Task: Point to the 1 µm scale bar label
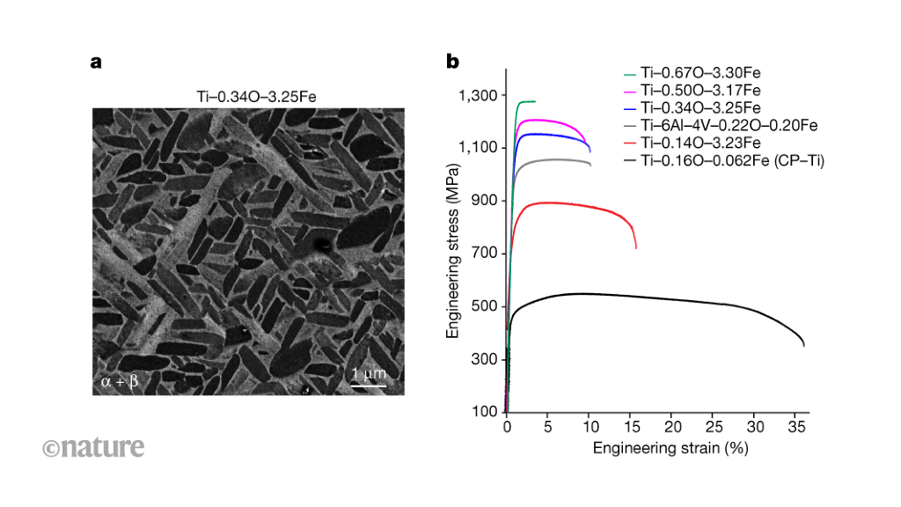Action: click(369, 373)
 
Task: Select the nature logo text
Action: click(93, 447)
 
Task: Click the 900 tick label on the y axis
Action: click(486, 201)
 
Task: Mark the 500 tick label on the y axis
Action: click(486, 306)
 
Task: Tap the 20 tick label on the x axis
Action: click(671, 427)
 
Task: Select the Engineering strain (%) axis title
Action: click(657, 448)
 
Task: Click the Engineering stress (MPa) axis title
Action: click(454, 254)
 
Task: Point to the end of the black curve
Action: click(804, 345)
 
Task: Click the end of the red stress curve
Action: click(636, 247)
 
